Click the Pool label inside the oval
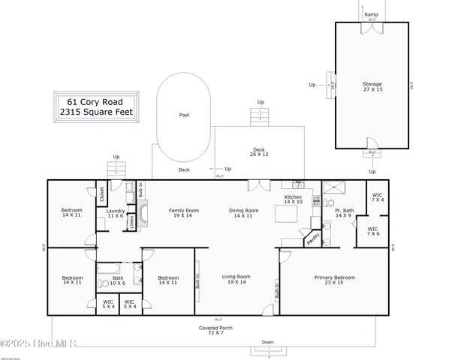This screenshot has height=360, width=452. click(184, 115)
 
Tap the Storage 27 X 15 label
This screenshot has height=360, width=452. click(372, 87)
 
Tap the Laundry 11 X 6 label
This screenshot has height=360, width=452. click(115, 214)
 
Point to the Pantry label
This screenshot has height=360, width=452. click(313, 240)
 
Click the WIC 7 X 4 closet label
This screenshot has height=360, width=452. click(378, 198)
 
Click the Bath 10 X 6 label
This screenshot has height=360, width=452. click(119, 280)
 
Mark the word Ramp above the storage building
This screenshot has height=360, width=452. click(371, 14)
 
